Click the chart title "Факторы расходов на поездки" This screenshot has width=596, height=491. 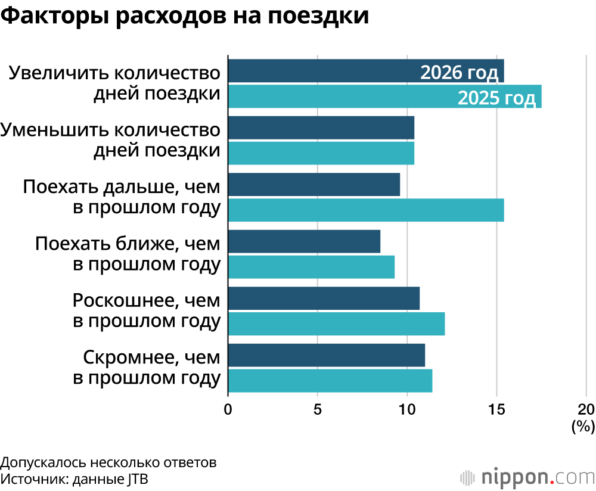(185, 16)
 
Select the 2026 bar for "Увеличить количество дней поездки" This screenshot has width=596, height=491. (322, 71)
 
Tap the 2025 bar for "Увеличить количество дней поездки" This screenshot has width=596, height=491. (340, 97)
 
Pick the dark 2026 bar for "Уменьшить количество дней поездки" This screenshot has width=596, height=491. (321, 128)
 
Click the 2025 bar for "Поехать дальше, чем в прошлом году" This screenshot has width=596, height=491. (366, 210)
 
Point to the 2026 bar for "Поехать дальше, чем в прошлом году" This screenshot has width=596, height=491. (314, 185)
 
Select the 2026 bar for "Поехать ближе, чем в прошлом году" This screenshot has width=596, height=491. (304, 241)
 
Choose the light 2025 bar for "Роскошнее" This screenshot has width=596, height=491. (337, 324)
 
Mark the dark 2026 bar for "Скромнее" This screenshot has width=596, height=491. (327, 355)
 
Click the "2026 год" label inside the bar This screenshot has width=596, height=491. (459, 73)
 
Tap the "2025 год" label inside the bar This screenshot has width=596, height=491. (496, 98)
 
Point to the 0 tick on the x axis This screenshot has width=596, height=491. (228, 409)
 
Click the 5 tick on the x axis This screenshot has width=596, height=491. (318, 409)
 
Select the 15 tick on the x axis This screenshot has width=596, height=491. (496, 409)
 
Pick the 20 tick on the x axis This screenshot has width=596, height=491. (586, 409)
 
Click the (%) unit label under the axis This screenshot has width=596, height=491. (583, 426)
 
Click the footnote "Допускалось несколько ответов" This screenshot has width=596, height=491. (108, 463)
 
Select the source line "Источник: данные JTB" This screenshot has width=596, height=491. (74, 479)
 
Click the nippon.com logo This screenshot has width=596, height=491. (527, 477)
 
